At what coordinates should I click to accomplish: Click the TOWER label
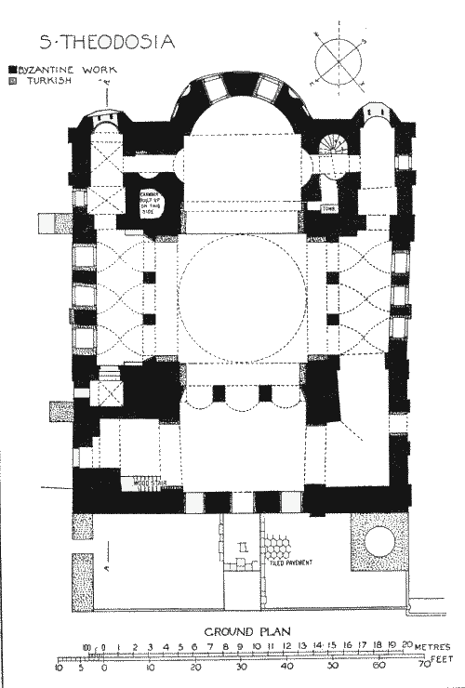coord(329,208)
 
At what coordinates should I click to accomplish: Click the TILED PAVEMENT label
coord(291,562)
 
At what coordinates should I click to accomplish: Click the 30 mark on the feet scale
coord(241,666)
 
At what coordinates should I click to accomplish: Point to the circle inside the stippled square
coord(379,541)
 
